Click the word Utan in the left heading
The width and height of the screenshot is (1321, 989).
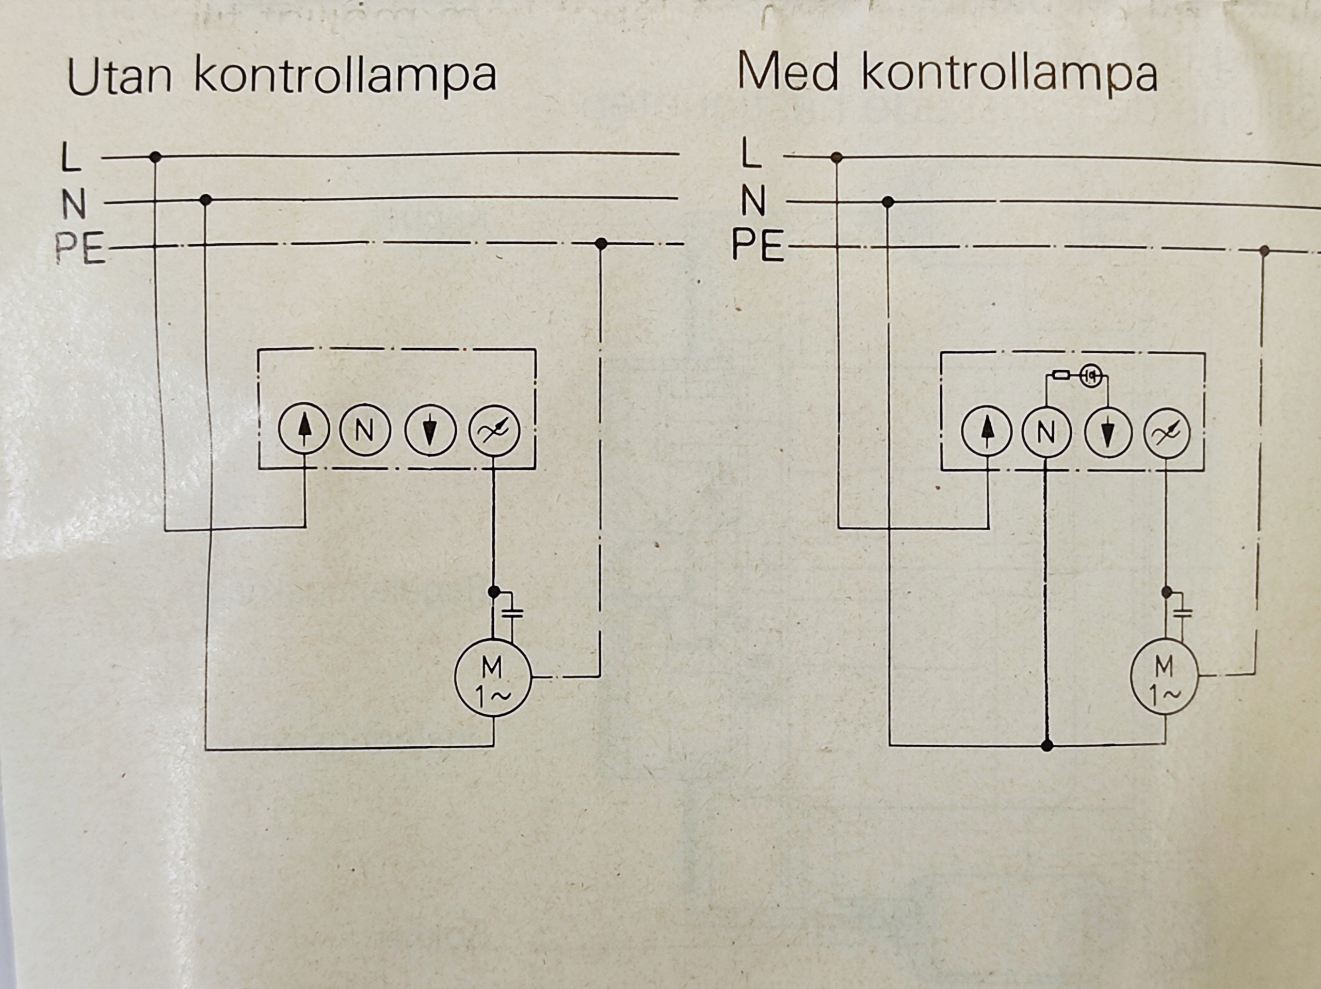[x=119, y=76]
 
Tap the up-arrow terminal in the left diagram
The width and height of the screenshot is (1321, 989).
[x=304, y=430]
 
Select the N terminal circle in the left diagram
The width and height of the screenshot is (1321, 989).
[x=365, y=430]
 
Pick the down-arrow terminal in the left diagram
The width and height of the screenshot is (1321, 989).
[x=430, y=430]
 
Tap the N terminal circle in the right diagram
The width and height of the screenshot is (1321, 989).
[x=1045, y=433]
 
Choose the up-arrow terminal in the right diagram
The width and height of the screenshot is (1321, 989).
[x=987, y=433]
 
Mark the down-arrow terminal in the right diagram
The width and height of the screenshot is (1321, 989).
[x=1108, y=433]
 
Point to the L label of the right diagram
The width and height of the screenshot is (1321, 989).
[x=751, y=153]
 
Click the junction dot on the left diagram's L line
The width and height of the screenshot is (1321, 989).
[x=155, y=157]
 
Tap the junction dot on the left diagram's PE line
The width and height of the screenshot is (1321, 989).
[x=601, y=244]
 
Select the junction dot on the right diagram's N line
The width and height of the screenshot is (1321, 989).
[x=888, y=202]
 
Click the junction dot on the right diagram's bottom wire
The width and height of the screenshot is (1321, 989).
[x=1046, y=746]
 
